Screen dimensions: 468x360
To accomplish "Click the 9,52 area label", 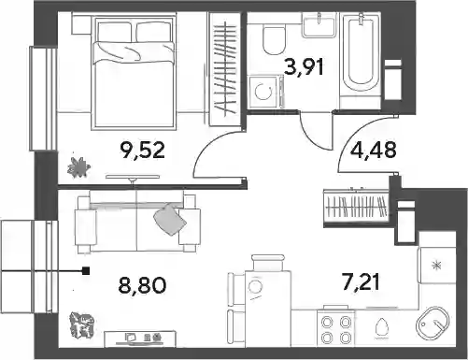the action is pyautogui.click(x=142, y=150).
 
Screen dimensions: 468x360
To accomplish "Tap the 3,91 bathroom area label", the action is pyautogui.click(x=305, y=66).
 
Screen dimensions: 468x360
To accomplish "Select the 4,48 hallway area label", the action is pyautogui.click(x=374, y=150).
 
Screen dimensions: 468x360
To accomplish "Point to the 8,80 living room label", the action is pyautogui.click(x=142, y=284).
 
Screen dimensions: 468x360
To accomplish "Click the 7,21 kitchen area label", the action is pyautogui.click(x=362, y=281).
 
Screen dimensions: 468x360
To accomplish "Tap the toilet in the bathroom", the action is pyautogui.click(x=274, y=40).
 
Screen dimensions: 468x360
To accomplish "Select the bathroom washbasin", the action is pyautogui.click(x=319, y=24).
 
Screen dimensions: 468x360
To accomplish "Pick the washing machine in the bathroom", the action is pyautogui.click(x=266, y=92).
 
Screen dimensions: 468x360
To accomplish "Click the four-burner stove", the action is pyautogui.click(x=335, y=328).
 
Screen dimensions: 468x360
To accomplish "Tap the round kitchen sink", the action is pyautogui.click(x=433, y=323).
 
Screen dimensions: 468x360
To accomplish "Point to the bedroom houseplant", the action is pyautogui.click(x=78, y=167).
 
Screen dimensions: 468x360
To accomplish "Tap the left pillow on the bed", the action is pyautogui.click(x=115, y=32).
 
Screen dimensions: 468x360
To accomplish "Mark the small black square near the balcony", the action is pyautogui.click(x=86, y=271).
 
